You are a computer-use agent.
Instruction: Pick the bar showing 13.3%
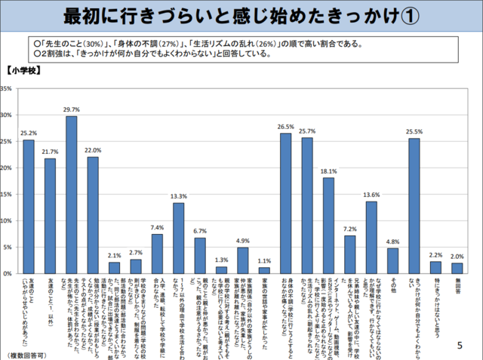(179, 238)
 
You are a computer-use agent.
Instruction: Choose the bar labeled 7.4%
(157, 254)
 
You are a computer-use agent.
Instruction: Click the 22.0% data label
(93, 150)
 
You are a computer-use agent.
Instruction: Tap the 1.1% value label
(264, 260)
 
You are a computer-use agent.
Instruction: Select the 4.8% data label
(392, 242)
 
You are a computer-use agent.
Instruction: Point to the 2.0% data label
(457, 256)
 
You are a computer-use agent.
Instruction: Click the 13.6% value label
(371, 195)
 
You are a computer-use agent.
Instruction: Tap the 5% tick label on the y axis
(7, 247)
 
